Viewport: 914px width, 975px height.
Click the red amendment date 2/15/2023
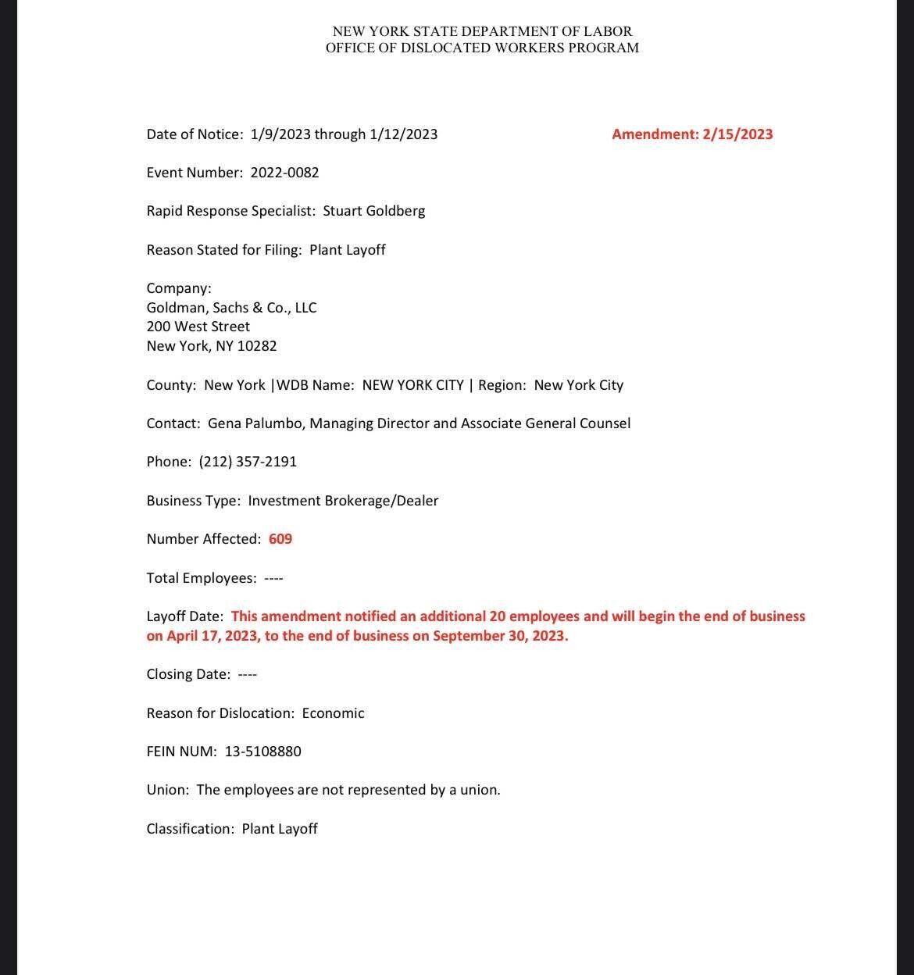point(737,134)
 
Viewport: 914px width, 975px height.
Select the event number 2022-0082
point(284,173)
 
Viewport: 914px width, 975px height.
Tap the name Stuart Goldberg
point(374,211)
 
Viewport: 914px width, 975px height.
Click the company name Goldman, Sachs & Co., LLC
point(231,308)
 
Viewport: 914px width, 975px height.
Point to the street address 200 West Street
point(198,327)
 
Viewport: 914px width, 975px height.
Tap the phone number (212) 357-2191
point(248,462)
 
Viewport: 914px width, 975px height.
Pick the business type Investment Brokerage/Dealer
point(343,501)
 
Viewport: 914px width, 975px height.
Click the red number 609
point(280,539)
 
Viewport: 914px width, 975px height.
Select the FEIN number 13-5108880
point(262,752)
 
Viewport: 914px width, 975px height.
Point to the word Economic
point(333,713)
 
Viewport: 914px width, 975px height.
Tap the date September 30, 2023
point(500,636)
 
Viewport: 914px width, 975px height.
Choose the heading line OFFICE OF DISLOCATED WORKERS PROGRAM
point(482,48)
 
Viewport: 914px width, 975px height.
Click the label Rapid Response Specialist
point(230,211)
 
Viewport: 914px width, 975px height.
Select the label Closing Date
point(187,674)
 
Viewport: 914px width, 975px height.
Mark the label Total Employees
point(201,578)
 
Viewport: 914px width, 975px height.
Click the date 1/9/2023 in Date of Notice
point(280,134)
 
